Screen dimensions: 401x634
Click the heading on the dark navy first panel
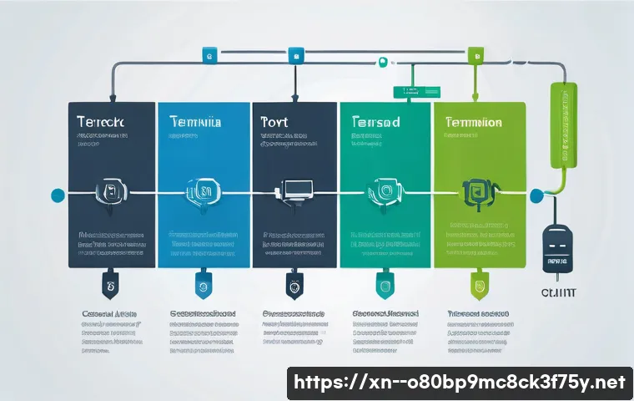point(100,122)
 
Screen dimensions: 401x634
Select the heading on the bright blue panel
point(194,122)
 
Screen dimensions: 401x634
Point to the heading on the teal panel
point(375,122)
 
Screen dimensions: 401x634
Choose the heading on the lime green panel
point(473,122)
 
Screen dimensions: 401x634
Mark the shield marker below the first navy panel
point(109,284)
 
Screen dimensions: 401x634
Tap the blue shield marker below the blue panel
point(201,284)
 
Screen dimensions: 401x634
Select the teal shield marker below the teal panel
point(385,284)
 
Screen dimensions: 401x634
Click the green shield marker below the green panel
point(477,284)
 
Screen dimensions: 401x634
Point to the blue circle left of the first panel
point(58,195)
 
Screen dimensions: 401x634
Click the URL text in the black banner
point(460,382)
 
